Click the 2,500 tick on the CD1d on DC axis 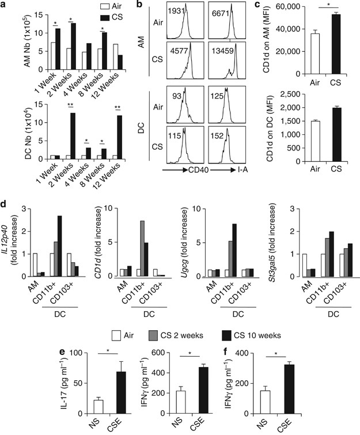coord(264,92)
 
